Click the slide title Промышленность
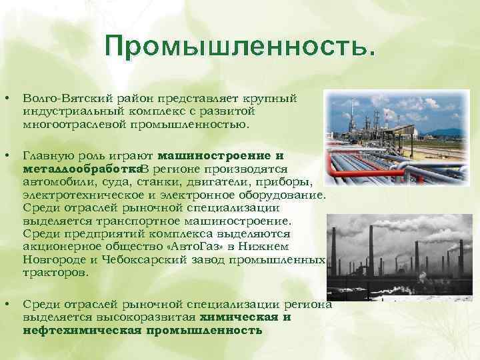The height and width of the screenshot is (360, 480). pyautogui.click(x=240, y=47)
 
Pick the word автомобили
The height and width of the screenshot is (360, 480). pyautogui.click(x=53, y=182)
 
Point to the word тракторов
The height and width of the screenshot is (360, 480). pyautogui.click(x=55, y=273)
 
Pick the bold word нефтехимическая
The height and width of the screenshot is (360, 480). pyautogui.click(x=83, y=330)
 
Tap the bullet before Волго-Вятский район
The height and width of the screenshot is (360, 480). pyautogui.click(x=7, y=99)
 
